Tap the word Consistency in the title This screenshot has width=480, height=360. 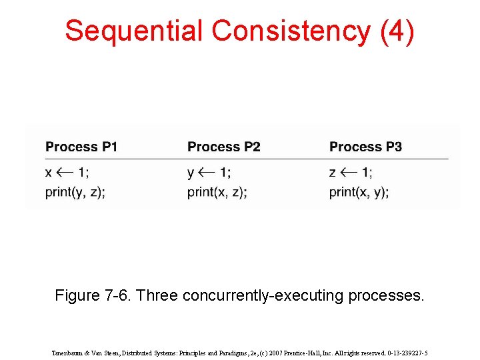290,31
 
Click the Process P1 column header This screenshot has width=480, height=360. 81,147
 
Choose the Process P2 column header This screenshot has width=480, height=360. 223,147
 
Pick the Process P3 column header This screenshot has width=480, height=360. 365,147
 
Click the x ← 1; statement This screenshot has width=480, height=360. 67,173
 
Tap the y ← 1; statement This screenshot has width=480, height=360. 209,173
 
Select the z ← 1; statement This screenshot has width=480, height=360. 351,173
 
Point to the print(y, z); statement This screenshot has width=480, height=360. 75,193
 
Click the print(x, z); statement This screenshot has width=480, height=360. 217,193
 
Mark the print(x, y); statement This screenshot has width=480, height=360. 359,193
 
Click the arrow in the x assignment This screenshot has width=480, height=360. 65,173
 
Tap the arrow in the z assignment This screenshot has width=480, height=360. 349,173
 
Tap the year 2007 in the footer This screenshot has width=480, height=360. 285,353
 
